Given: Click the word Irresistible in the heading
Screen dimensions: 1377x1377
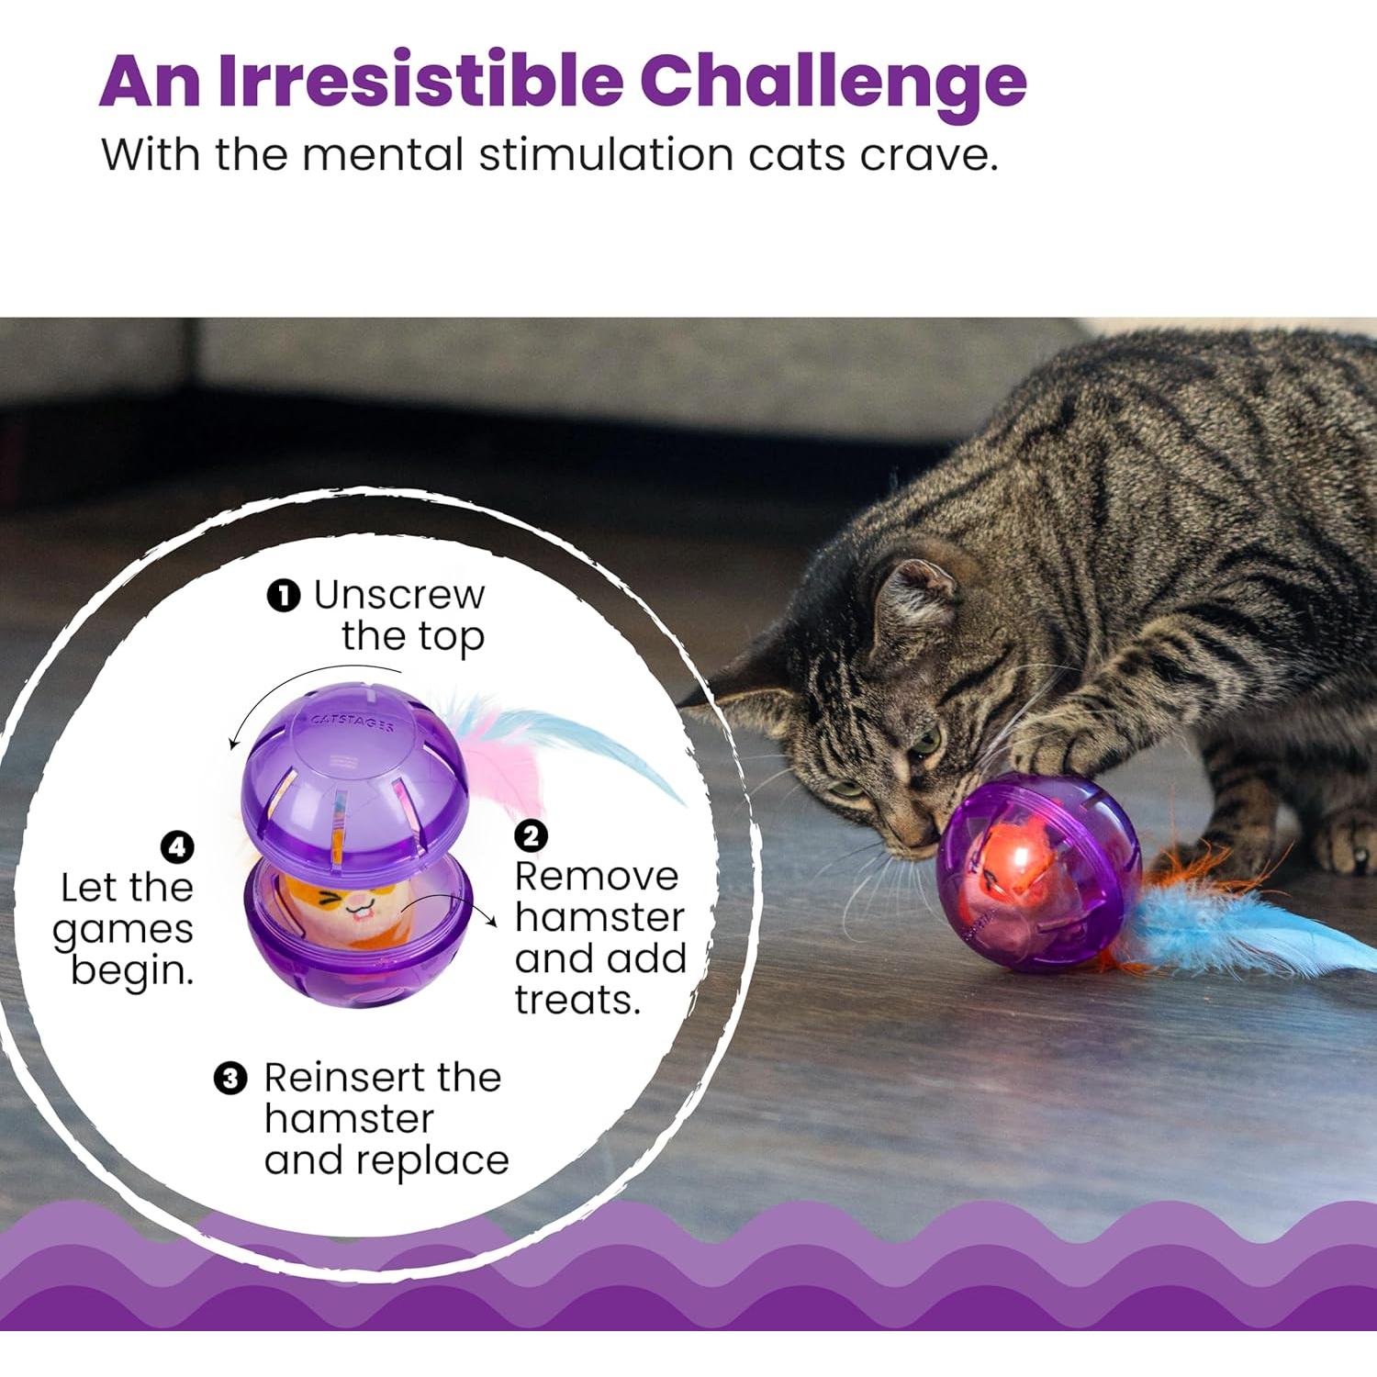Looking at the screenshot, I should pos(420,81).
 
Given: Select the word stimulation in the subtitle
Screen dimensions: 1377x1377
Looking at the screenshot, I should pos(606,154).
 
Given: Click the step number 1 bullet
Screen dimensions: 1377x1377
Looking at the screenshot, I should pos(284,597).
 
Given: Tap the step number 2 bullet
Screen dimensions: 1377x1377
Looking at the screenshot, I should pos(531,836).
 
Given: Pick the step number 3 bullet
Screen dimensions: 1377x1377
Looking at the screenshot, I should pos(230,1078).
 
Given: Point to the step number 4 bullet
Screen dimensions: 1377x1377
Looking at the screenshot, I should pos(177,846).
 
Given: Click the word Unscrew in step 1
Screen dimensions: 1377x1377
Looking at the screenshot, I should pos(398,596).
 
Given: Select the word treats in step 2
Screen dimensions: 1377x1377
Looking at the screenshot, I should pos(576,1000).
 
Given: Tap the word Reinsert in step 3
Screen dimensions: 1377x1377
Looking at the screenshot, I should pos(343,1078).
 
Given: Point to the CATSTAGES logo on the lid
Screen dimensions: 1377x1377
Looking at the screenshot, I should pos(353,722).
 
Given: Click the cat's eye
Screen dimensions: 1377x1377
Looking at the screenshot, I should pos(925,740).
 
